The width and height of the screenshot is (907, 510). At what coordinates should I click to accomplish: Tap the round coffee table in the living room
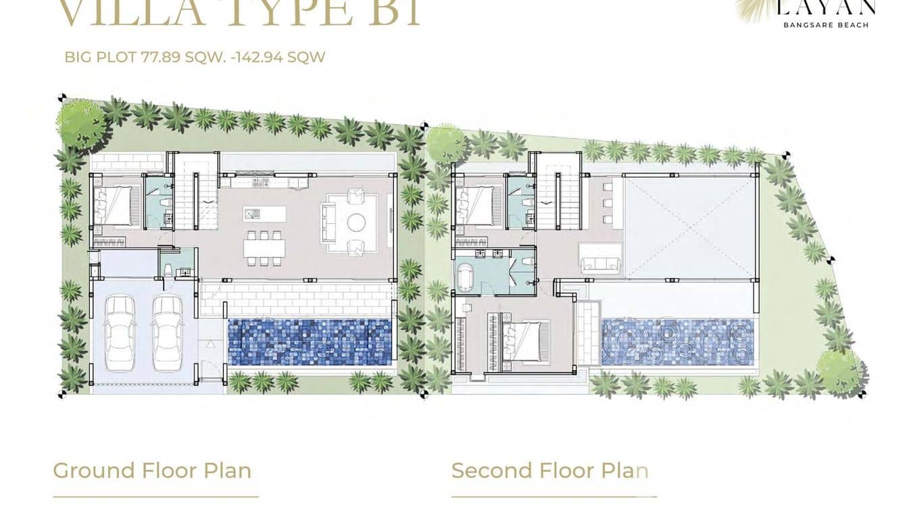click(x=356, y=222)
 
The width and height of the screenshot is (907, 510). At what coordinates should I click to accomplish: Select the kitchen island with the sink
click(x=265, y=214)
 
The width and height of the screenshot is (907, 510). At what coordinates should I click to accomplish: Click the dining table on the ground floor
click(x=265, y=248)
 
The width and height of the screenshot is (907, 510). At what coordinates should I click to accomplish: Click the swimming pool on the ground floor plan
click(x=310, y=342)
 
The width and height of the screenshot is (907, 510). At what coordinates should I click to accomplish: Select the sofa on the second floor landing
click(x=600, y=264)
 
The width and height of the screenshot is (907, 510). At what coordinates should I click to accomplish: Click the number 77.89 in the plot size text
click(x=160, y=57)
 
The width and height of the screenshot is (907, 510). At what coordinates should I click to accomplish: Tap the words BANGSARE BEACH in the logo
click(x=825, y=25)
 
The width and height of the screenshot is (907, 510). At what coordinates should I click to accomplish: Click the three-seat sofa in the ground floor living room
click(x=328, y=221)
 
